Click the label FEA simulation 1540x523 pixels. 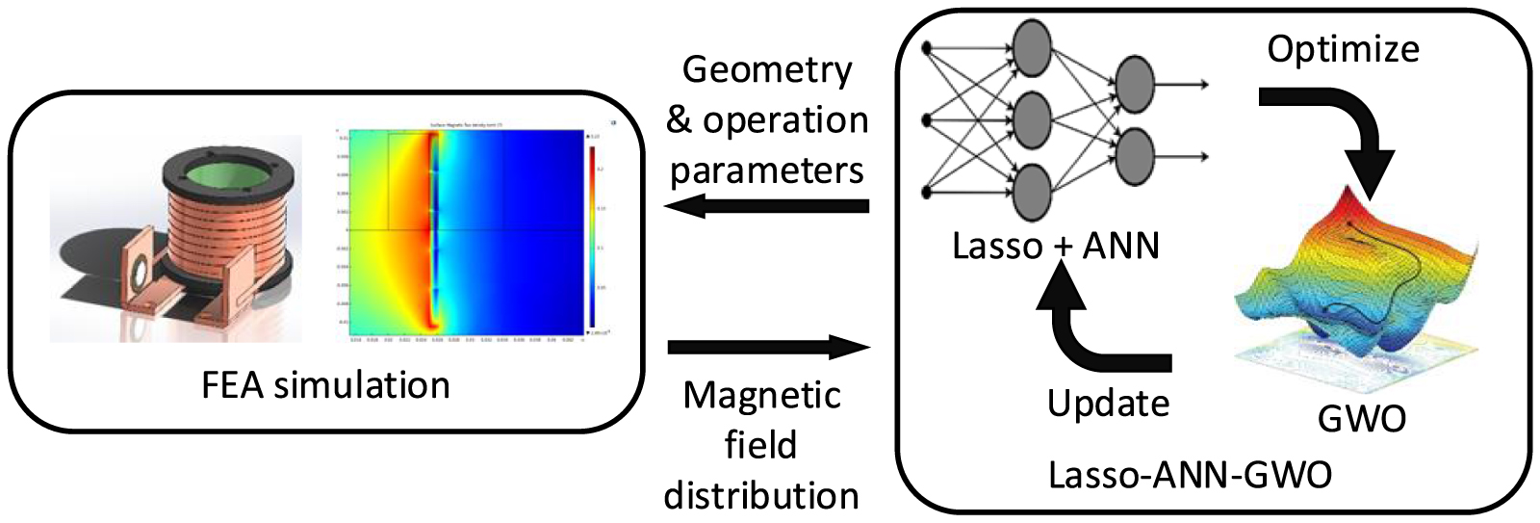click(325, 385)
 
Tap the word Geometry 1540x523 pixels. click(767, 70)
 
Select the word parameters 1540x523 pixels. click(767, 170)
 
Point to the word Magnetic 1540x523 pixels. click(762, 396)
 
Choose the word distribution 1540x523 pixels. click(761, 495)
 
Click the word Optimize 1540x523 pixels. click(1343, 49)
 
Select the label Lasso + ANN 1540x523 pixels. click(1055, 247)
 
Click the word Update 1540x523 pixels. click(1108, 403)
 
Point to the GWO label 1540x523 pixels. click(1361, 419)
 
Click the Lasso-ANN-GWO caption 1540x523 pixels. click(1190, 475)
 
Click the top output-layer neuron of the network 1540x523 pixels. click(1134, 83)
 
